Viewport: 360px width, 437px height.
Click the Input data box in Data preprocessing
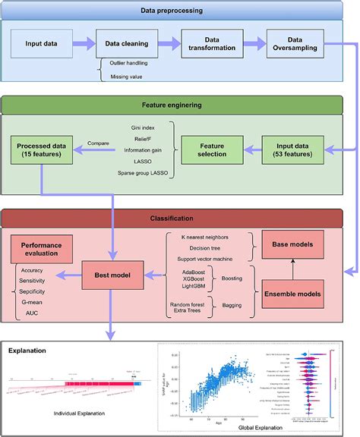[42, 45]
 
